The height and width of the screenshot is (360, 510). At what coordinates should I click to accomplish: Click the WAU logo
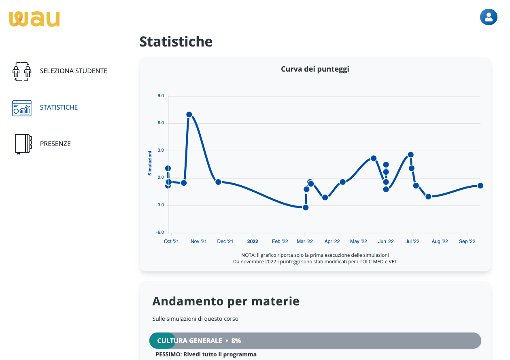(34, 19)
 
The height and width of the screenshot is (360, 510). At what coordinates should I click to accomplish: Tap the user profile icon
(489, 17)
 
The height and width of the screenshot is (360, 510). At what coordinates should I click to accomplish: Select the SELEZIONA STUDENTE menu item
(73, 71)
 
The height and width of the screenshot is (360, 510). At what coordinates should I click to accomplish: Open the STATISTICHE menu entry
(59, 108)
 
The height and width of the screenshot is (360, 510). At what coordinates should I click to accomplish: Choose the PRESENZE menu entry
(55, 144)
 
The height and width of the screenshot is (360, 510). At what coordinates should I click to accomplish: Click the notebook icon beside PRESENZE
(23, 144)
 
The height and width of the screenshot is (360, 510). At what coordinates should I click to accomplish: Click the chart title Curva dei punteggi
(315, 69)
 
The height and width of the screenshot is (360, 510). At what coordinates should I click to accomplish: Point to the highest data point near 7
(189, 114)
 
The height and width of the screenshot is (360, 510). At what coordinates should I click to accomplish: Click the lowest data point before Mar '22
(306, 208)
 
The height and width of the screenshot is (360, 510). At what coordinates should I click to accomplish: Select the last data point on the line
(480, 186)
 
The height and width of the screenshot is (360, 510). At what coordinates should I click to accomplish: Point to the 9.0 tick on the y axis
(160, 96)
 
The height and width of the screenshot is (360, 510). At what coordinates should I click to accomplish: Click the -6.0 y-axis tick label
(160, 233)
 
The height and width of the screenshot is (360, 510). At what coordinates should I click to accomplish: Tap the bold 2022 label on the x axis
(253, 241)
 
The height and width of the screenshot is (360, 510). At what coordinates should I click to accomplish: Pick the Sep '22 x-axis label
(467, 241)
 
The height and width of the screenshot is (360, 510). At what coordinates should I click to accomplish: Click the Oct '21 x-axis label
(171, 241)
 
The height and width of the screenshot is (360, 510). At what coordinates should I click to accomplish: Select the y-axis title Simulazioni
(150, 163)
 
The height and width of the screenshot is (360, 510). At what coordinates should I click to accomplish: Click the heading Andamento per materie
(226, 301)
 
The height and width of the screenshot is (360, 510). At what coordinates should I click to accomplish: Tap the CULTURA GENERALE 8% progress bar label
(199, 341)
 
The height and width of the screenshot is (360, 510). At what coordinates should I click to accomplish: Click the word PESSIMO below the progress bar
(168, 354)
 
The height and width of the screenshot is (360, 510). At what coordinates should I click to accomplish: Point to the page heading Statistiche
(176, 42)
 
